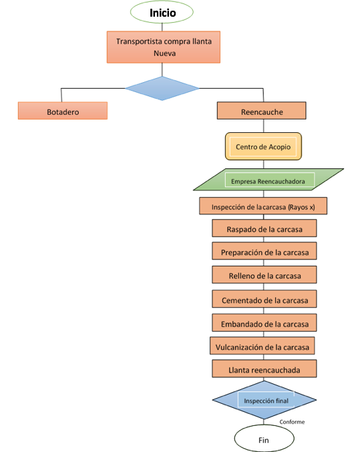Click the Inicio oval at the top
tap(162, 12)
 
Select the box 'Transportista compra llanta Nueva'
tap(164, 47)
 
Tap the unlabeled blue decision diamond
tap(162, 88)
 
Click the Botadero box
tap(63, 110)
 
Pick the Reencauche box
tap(262, 110)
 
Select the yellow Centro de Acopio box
tap(263, 146)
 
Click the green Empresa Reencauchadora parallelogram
tap(268, 180)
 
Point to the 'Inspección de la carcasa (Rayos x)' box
tap(263, 206)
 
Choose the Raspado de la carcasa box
tap(264, 228)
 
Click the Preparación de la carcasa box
tap(264, 251)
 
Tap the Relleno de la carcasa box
tap(264, 274)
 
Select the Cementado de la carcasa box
tap(264, 299)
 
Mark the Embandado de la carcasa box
tap(264, 322)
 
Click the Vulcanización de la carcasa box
tap(262, 346)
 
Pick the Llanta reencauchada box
tap(264, 369)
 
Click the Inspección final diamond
tap(264, 400)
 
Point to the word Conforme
tap(292, 422)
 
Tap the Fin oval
tap(264, 438)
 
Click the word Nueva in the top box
tap(164, 53)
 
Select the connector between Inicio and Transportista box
tap(162, 27)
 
